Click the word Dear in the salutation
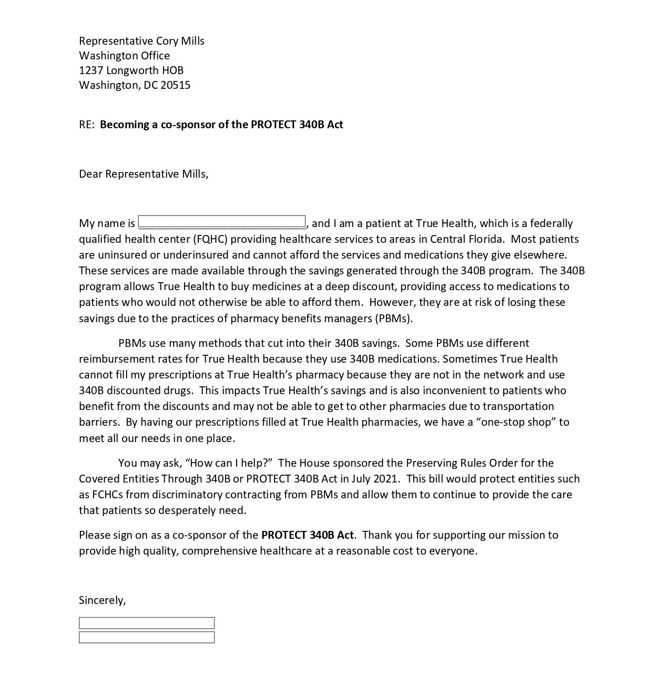point(90,174)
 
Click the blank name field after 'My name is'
point(221,222)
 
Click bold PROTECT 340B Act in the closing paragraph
point(308,535)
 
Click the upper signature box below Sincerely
point(147,623)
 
